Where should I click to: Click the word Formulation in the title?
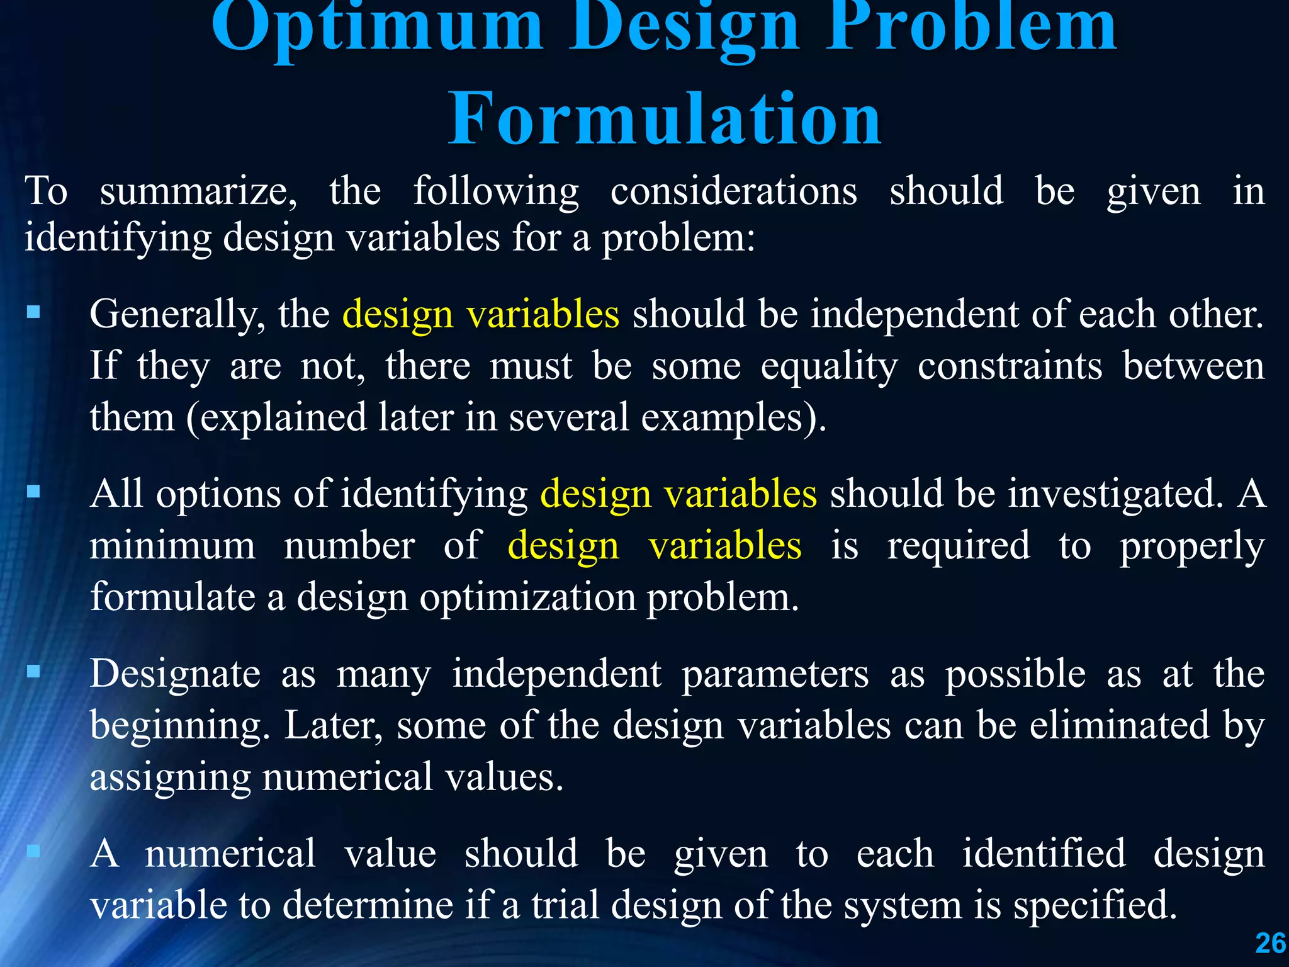[665, 118]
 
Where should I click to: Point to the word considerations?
[734, 191]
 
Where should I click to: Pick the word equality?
[829, 367]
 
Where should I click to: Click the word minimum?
[172, 546]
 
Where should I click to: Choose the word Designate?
[175, 674]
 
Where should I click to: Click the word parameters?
[775, 674]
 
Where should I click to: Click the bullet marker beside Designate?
[33, 672]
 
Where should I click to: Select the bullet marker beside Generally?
[33, 312]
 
